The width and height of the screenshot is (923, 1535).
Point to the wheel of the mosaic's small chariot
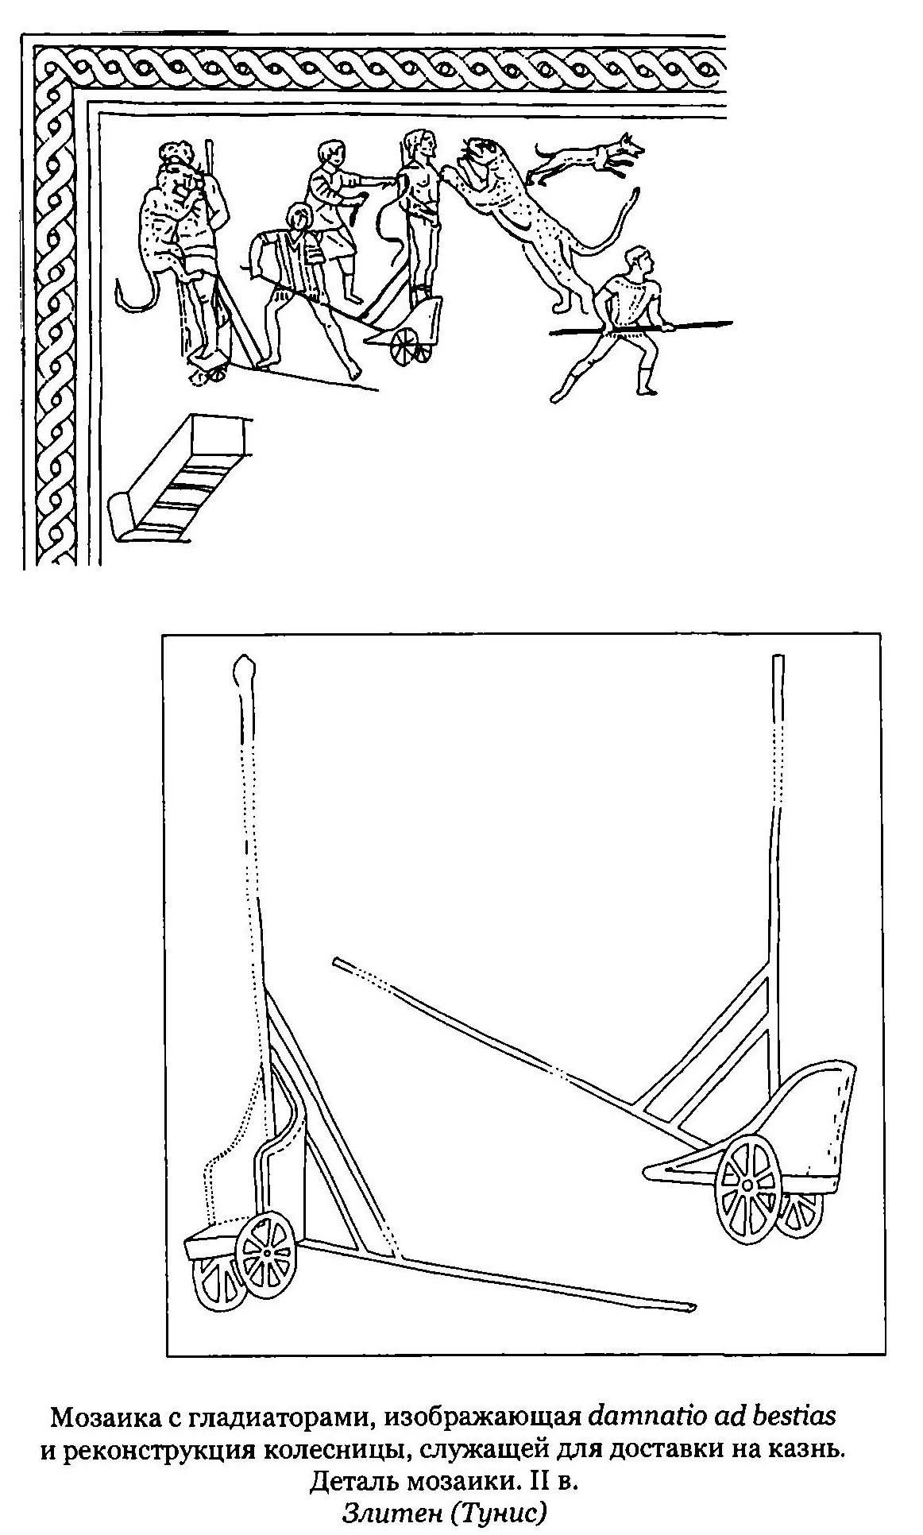[406, 345]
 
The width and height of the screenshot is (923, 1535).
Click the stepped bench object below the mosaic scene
[181, 479]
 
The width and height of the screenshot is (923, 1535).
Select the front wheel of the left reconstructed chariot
[267, 1254]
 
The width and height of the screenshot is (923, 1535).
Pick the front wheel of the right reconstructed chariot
[747, 1185]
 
